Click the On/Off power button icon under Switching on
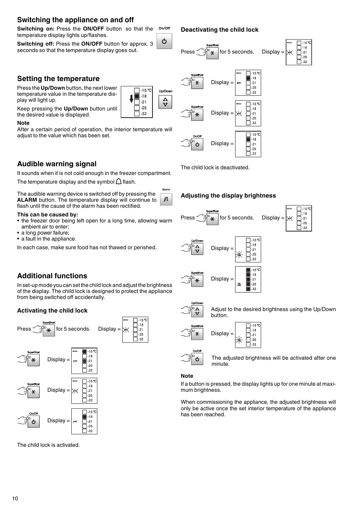point(164,41)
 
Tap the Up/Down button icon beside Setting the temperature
point(165,102)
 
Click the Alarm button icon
point(166,199)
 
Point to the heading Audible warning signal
point(57,164)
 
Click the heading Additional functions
point(52,276)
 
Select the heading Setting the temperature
point(58,79)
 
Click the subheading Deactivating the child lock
point(220,30)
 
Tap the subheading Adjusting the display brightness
point(228,196)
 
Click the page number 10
point(15,498)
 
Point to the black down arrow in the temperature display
point(131,99)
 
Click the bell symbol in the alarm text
point(118,182)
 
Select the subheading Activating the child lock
point(52,311)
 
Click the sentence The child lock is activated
point(48,445)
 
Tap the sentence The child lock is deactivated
point(215,167)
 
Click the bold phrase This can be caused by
point(48,215)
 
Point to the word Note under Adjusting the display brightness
point(187,376)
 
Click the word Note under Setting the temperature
point(23,123)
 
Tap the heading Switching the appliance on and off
point(75,20)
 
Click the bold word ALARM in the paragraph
point(27,200)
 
